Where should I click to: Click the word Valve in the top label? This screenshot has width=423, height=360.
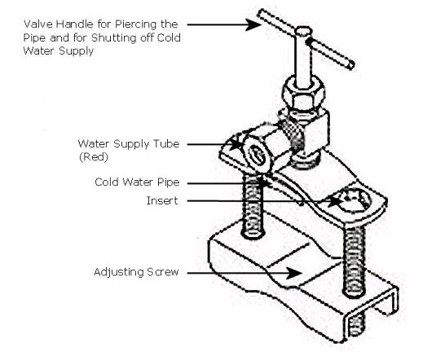coord(38,24)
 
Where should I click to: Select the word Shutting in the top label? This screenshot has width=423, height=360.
coord(114,38)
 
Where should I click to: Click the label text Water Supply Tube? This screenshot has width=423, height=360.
coord(129,144)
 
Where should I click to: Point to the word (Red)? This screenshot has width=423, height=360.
coord(94,157)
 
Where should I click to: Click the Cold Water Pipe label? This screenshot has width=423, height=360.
coord(137,182)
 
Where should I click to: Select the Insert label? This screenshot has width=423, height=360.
coord(162,201)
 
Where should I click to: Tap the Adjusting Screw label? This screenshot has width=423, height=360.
coord(136,272)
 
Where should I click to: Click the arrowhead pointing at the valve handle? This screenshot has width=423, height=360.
coord(253,24)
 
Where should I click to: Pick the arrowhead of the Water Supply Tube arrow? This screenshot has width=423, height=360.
coord(236,144)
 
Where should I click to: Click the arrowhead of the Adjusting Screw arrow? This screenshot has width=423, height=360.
coord(294,273)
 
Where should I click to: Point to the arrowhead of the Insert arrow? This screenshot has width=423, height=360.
coord(334,201)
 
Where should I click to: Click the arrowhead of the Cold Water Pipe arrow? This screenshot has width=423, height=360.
coord(263,183)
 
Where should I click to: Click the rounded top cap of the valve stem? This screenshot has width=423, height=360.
coord(303,31)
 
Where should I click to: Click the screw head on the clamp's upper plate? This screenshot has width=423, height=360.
coord(355,200)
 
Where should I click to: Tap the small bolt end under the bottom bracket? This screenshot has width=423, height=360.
coord(356,325)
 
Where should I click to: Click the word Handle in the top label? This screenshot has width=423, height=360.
coord(74,24)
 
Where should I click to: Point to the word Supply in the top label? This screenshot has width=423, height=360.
coord(76,51)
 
